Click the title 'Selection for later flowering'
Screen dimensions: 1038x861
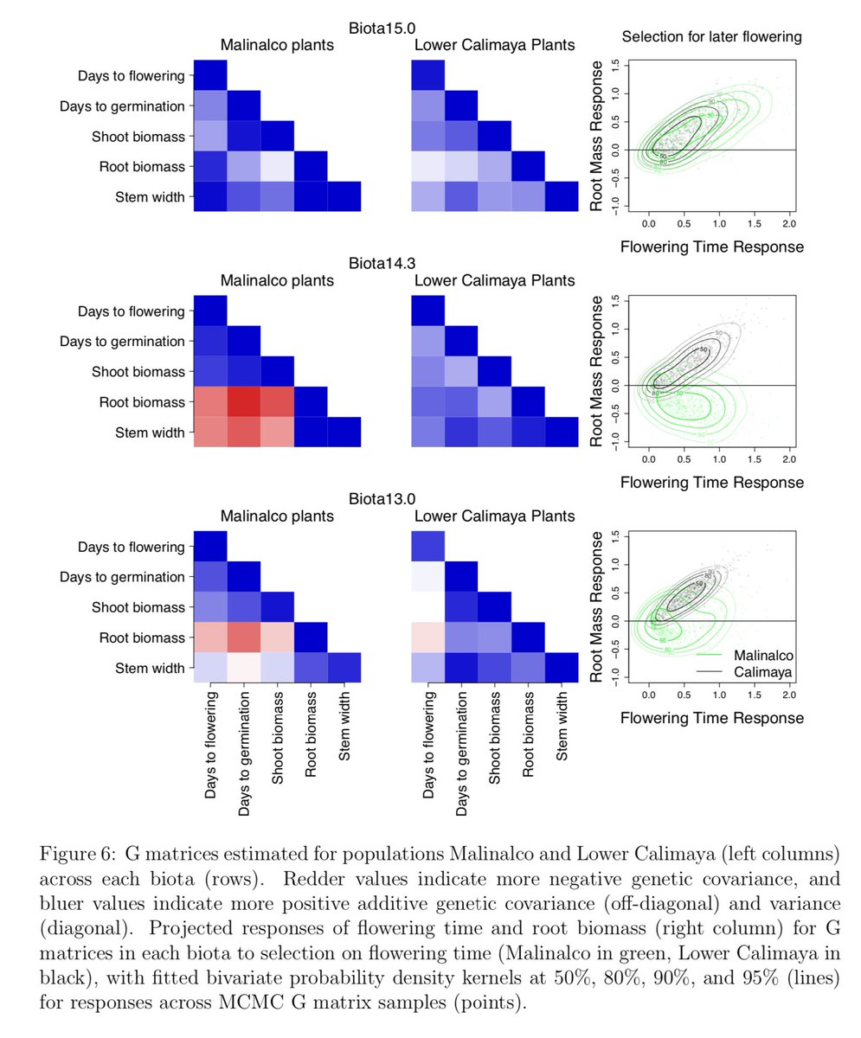point(711,36)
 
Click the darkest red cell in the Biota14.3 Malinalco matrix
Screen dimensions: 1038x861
point(244,401)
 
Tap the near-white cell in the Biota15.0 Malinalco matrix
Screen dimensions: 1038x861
point(278,166)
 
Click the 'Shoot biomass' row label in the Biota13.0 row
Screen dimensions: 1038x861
point(138,606)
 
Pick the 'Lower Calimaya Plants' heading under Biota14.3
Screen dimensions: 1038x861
point(494,280)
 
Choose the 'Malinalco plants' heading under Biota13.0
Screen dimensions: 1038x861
point(277,516)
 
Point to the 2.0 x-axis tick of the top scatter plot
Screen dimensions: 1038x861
point(788,223)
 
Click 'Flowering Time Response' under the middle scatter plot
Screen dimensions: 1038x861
point(711,482)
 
